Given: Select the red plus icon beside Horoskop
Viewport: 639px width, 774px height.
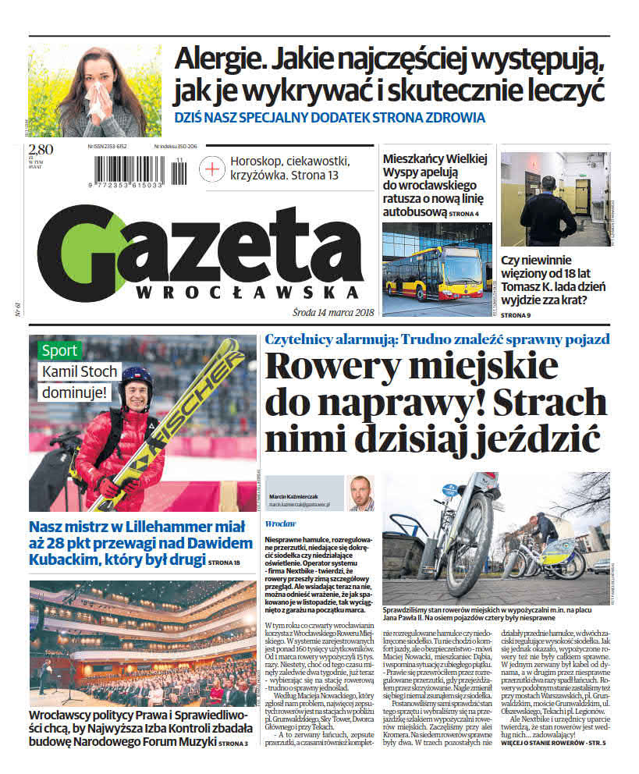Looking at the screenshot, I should coord(211,168).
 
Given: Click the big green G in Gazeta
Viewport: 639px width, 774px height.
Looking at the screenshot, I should coord(82,254).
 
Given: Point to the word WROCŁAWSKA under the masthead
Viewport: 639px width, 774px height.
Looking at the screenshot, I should coord(247,293).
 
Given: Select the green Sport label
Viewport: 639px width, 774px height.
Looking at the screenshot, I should coord(59,350).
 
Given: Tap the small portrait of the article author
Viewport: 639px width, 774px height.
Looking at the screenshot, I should coord(360,493).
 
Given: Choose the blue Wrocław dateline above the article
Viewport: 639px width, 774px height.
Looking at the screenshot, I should coord(279,524).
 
